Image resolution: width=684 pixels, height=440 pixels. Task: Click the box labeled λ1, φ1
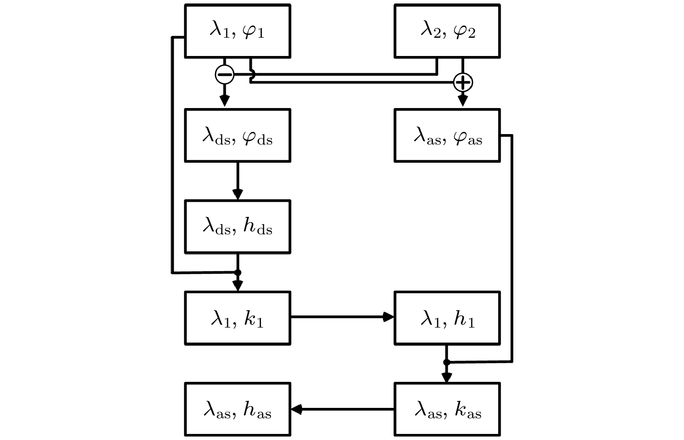click(238, 31)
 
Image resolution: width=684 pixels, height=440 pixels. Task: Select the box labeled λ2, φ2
click(447, 31)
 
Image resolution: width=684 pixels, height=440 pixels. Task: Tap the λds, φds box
click(238, 135)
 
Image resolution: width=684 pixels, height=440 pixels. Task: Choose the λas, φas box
click(447, 135)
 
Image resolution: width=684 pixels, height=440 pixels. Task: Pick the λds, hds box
click(238, 227)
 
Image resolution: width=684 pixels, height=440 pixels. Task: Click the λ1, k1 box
click(238, 318)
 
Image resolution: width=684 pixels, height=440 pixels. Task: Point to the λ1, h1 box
click(447, 318)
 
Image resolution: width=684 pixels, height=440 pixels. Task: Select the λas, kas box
click(447, 409)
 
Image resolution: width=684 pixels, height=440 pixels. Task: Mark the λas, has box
click(238, 409)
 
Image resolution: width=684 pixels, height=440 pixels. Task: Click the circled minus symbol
click(225, 75)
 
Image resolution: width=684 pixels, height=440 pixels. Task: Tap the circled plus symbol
click(463, 82)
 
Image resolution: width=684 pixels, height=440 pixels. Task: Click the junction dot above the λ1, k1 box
click(238, 273)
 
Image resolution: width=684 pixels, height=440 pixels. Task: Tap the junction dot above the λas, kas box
click(446, 362)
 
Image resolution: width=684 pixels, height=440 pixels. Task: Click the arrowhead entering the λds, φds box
click(225, 101)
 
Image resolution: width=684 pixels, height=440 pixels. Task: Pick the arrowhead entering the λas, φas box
click(463, 101)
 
